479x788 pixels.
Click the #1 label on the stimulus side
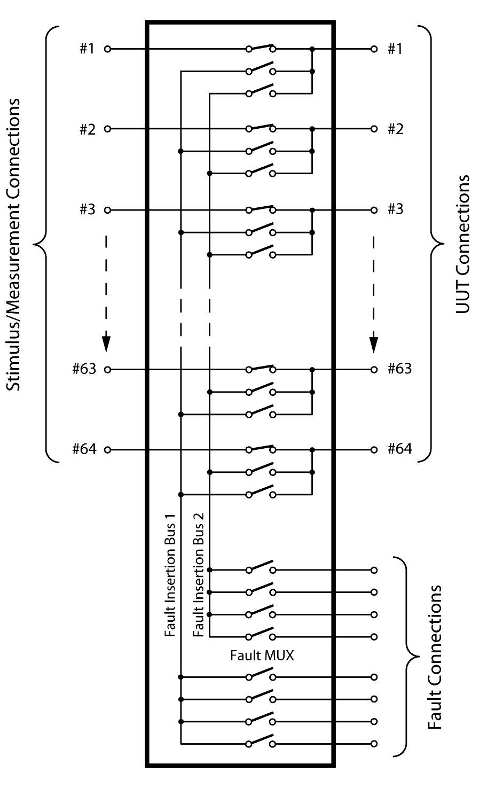pyautogui.click(x=87, y=49)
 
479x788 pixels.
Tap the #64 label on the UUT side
pyautogui.click(x=399, y=449)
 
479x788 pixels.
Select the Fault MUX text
pyautogui.click(x=262, y=655)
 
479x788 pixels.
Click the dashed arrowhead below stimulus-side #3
pyautogui.click(x=107, y=342)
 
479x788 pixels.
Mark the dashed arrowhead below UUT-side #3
pyautogui.click(x=374, y=342)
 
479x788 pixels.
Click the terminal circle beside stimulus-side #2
pyautogui.click(x=107, y=129)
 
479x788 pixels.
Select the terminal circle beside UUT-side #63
pyautogui.click(x=374, y=369)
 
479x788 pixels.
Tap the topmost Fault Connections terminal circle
pyautogui.click(x=374, y=570)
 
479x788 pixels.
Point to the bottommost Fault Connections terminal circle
pyautogui.click(x=374, y=743)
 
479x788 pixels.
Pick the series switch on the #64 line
pyautogui.click(x=261, y=448)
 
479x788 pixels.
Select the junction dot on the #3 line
pyautogui.click(x=312, y=209)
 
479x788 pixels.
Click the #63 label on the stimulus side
pyautogui.click(x=84, y=369)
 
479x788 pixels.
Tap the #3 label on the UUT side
pyautogui.click(x=395, y=209)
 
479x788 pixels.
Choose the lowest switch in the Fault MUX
pyautogui.click(x=261, y=742)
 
